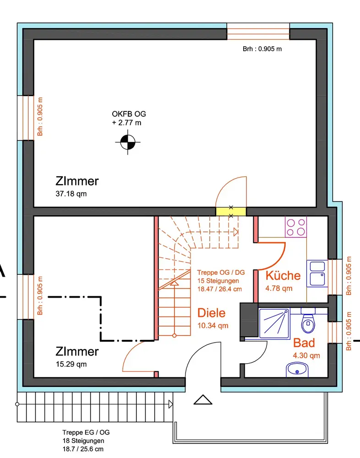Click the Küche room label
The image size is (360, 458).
click(x=283, y=275)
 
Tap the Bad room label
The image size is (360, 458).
click(x=304, y=343)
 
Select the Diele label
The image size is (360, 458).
click(x=212, y=313)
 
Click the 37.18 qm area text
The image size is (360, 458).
click(x=71, y=194)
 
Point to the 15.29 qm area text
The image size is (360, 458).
click(x=71, y=364)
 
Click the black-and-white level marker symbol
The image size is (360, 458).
click(x=128, y=142)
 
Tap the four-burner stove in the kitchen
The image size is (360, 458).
click(x=296, y=227)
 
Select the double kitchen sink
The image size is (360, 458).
click(x=317, y=273)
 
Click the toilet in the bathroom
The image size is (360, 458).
click(x=308, y=321)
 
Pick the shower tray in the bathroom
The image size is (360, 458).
click(x=274, y=323)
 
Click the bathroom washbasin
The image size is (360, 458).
click(x=297, y=370)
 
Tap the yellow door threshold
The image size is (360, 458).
click(x=231, y=212)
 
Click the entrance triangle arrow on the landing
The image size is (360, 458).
click(x=203, y=400)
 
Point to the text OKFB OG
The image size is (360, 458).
click(x=129, y=114)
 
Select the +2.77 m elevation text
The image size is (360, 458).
click(x=126, y=123)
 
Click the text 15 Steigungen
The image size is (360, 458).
click(x=218, y=281)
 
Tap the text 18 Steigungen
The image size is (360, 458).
click(x=83, y=441)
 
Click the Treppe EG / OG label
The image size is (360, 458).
click(x=86, y=432)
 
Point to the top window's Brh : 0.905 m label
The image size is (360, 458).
click(x=262, y=49)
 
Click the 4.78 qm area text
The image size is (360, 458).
click(x=279, y=288)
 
